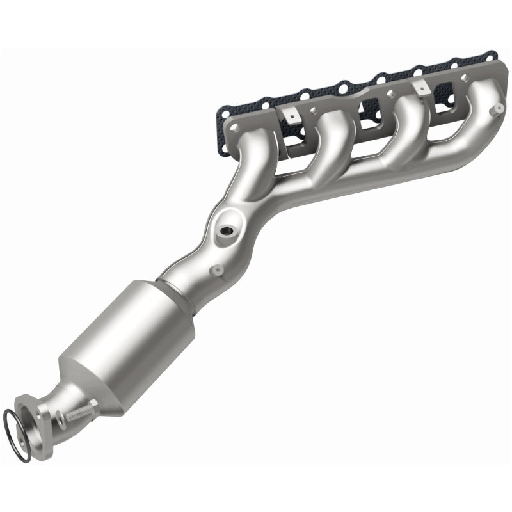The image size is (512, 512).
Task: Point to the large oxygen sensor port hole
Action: point(225,228)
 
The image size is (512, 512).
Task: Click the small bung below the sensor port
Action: point(216,271)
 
